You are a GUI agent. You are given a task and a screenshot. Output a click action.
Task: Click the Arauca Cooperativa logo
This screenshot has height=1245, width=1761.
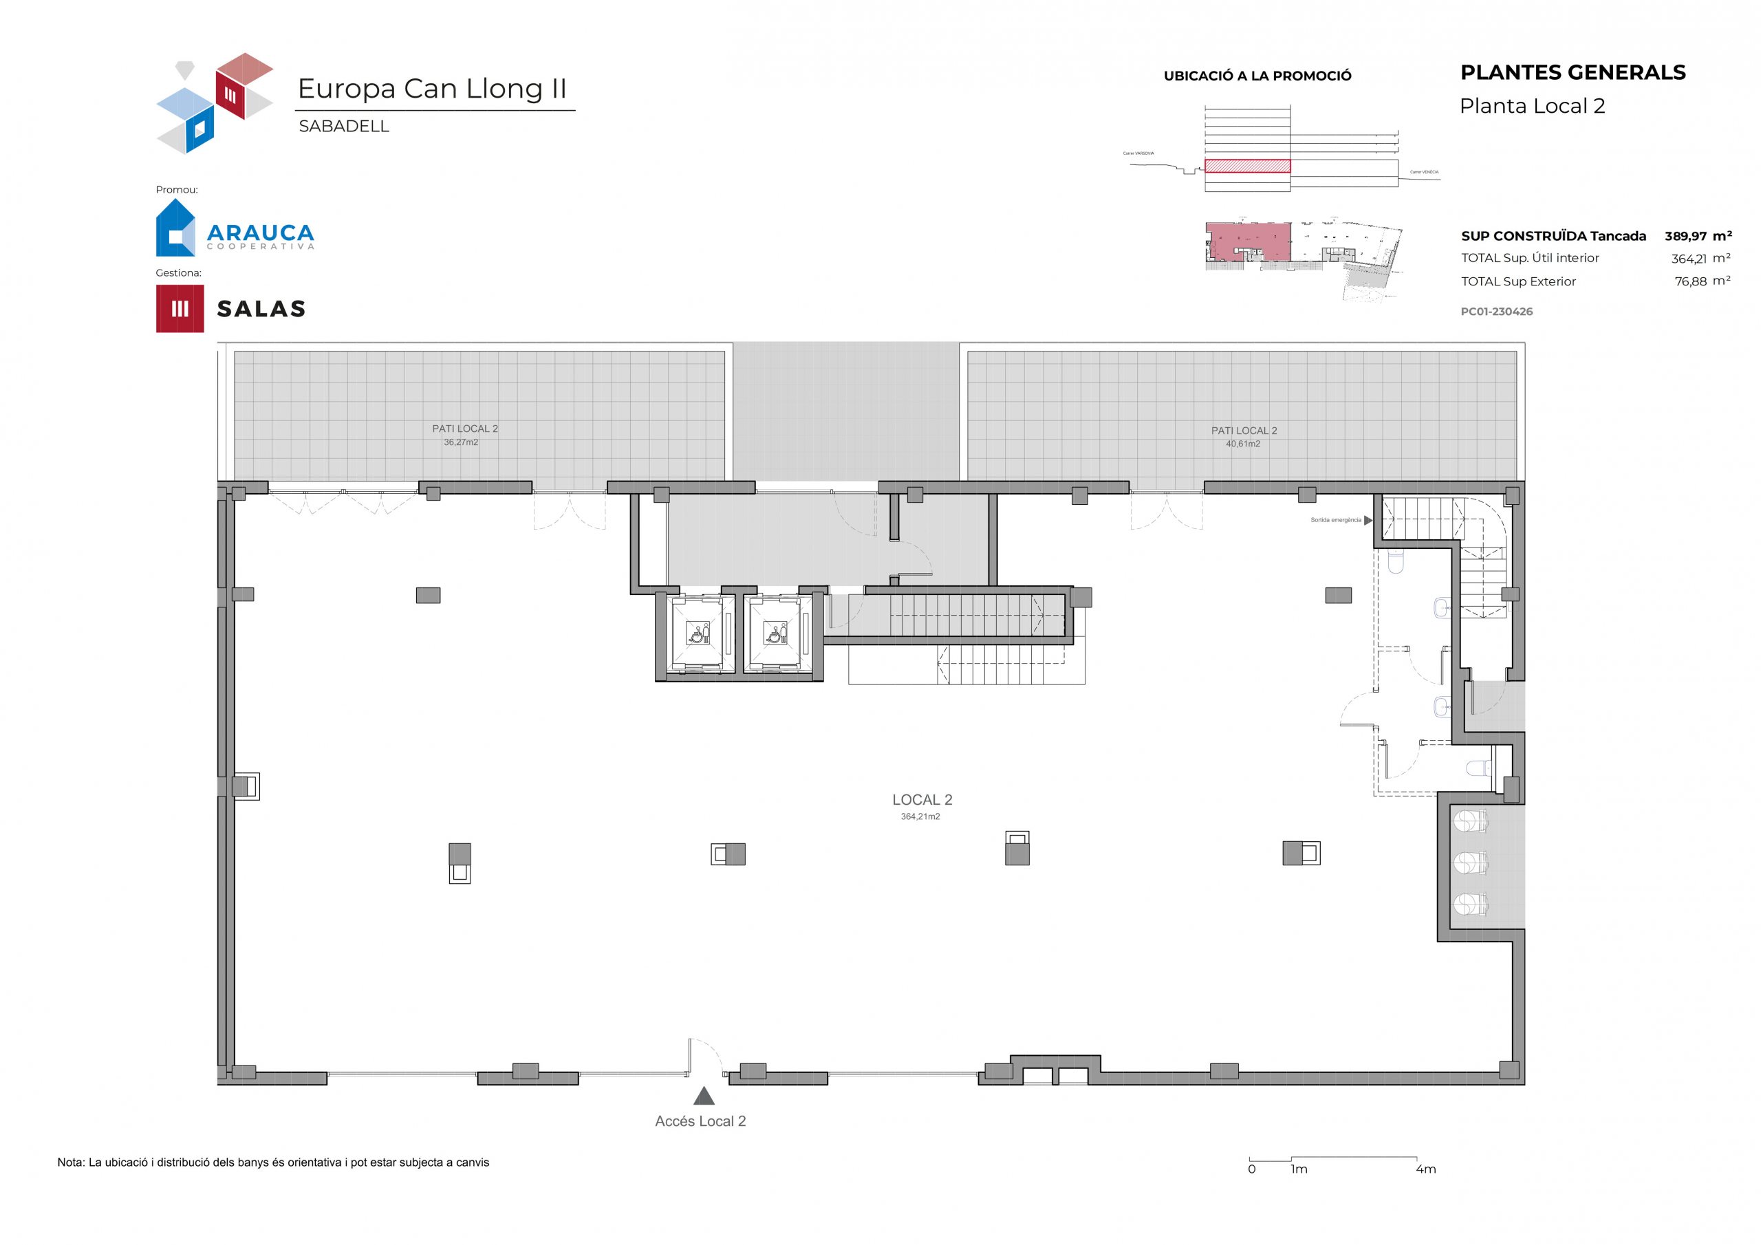tap(234, 228)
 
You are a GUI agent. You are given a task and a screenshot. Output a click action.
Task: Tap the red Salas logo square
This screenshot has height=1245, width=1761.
tap(180, 308)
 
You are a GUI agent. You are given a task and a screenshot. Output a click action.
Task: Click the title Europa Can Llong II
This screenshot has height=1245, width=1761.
tap(432, 89)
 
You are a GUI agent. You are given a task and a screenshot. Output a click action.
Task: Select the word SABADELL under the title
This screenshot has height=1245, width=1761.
tap(344, 127)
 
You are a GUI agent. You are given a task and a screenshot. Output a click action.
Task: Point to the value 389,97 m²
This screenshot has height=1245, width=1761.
tap(1697, 236)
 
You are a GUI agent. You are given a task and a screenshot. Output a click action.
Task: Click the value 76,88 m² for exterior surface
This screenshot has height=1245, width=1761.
tap(1702, 281)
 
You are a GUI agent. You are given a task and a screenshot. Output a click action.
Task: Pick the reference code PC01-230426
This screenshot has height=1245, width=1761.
tap(1496, 312)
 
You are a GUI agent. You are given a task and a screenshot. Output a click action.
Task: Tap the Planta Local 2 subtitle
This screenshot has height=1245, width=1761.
tap(1532, 107)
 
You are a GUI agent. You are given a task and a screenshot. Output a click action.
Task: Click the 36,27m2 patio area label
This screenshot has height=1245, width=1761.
tap(460, 442)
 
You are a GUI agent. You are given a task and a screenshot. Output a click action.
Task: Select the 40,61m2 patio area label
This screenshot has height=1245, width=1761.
tap(1242, 444)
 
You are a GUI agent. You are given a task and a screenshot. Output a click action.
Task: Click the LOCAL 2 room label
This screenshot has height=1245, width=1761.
tap(922, 800)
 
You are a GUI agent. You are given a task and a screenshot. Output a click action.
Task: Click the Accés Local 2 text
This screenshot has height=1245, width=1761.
tap(700, 1121)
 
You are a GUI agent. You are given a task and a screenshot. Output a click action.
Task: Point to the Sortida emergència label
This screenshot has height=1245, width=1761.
tap(1335, 520)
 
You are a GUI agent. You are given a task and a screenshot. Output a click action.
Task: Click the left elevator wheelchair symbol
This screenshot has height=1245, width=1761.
tap(698, 634)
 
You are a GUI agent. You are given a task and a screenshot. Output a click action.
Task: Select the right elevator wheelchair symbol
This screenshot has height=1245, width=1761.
tap(775, 634)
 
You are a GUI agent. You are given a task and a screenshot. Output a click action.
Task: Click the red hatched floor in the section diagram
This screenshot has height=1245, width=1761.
tap(1247, 166)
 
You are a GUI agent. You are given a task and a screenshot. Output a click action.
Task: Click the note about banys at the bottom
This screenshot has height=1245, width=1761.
tap(273, 1163)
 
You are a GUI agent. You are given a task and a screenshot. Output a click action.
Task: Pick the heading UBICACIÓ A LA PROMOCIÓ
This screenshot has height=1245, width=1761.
tap(1257, 76)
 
